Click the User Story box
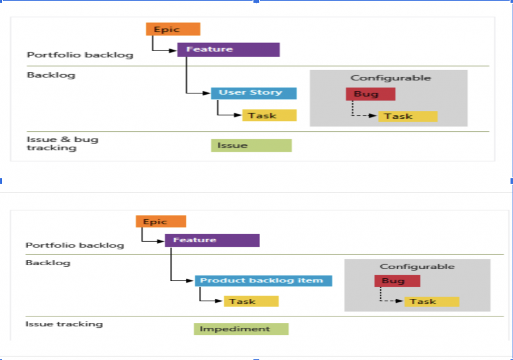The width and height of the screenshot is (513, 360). tap(253, 93)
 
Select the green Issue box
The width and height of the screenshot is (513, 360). tap(251, 145)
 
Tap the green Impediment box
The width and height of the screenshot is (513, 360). tap(241, 329)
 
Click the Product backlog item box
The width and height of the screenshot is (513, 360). tap(263, 280)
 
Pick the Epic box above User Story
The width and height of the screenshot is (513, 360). tap(173, 29)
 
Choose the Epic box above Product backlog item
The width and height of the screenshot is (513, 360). tap(161, 222)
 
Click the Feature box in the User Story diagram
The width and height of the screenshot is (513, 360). tap(228, 50)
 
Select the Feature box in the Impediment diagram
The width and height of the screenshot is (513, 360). tap(212, 240)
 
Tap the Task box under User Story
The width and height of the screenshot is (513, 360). tap(269, 115)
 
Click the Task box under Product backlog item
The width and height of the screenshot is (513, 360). tap(250, 301)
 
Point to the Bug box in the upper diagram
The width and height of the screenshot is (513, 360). tap(370, 94)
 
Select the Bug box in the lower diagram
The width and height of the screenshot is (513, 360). tap(397, 281)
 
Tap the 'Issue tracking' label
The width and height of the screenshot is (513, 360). tap(64, 324)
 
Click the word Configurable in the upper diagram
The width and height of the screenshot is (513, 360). tap(390, 78)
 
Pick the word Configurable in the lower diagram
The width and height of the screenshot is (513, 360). tap(417, 267)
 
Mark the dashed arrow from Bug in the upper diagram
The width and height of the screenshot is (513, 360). tap(363, 115)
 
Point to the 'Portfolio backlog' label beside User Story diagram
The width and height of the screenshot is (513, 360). tap(80, 55)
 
